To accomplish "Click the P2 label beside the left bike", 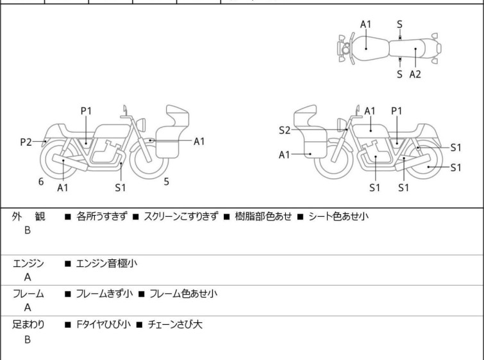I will click(26, 142).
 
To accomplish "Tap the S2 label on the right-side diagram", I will click(285, 130).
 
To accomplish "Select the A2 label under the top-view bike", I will click(415, 74).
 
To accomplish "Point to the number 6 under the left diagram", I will click(41, 182).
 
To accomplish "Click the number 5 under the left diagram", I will click(167, 182).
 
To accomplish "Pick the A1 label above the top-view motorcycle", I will click(366, 24).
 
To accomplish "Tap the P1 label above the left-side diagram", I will click(87, 111).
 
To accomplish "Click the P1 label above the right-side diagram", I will click(397, 111).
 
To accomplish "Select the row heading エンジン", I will click(28, 263).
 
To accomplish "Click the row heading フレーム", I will click(28, 294).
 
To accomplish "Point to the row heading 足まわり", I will click(28, 325).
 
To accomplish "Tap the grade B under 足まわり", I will click(28, 339).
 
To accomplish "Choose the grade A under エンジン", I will click(28, 278).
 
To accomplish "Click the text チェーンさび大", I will click(175, 325).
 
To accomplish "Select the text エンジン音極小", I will click(106, 263).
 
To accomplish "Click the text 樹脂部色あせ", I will click(265, 217).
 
